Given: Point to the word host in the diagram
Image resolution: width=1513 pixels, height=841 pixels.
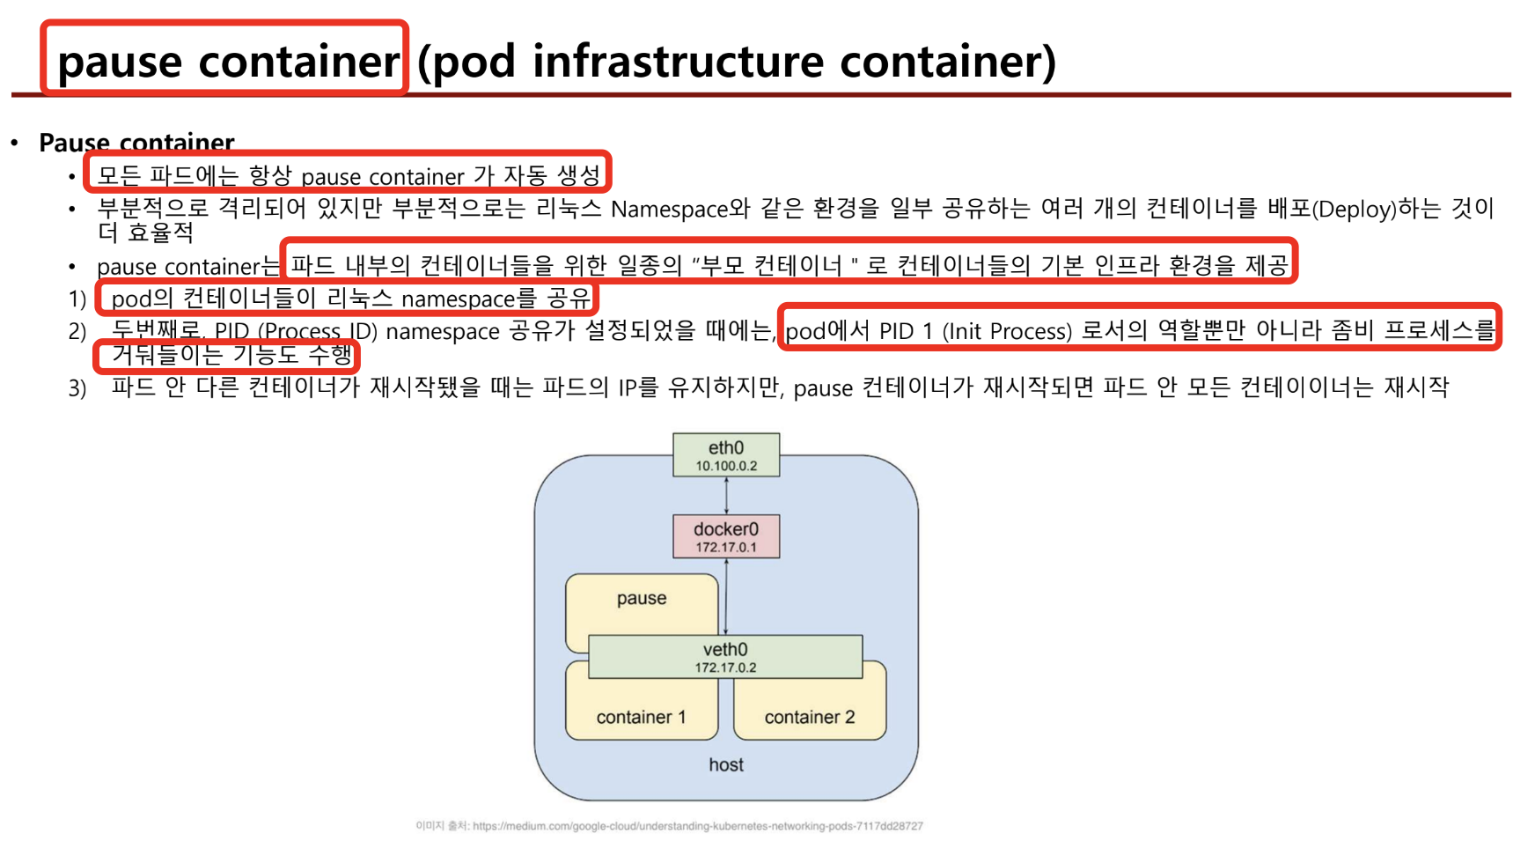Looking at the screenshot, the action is (x=726, y=764).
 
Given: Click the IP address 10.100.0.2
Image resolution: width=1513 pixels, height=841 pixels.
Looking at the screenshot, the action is (x=726, y=466).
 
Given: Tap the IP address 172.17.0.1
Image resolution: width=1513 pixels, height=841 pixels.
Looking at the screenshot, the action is (x=726, y=547).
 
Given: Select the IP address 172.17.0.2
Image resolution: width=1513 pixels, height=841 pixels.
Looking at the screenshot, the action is (x=725, y=668).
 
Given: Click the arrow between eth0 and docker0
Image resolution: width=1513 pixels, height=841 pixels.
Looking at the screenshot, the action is (x=726, y=496).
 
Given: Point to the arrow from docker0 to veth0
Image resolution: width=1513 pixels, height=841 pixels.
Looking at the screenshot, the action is (x=726, y=596).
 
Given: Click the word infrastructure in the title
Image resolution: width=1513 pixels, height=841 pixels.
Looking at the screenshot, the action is (x=678, y=61).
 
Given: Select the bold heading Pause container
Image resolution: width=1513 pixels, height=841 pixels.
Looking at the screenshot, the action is (x=136, y=142).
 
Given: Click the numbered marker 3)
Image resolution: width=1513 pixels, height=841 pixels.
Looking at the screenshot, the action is (x=77, y=388).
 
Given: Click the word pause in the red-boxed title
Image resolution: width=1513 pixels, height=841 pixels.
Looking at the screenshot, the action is (x=120, y=62).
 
